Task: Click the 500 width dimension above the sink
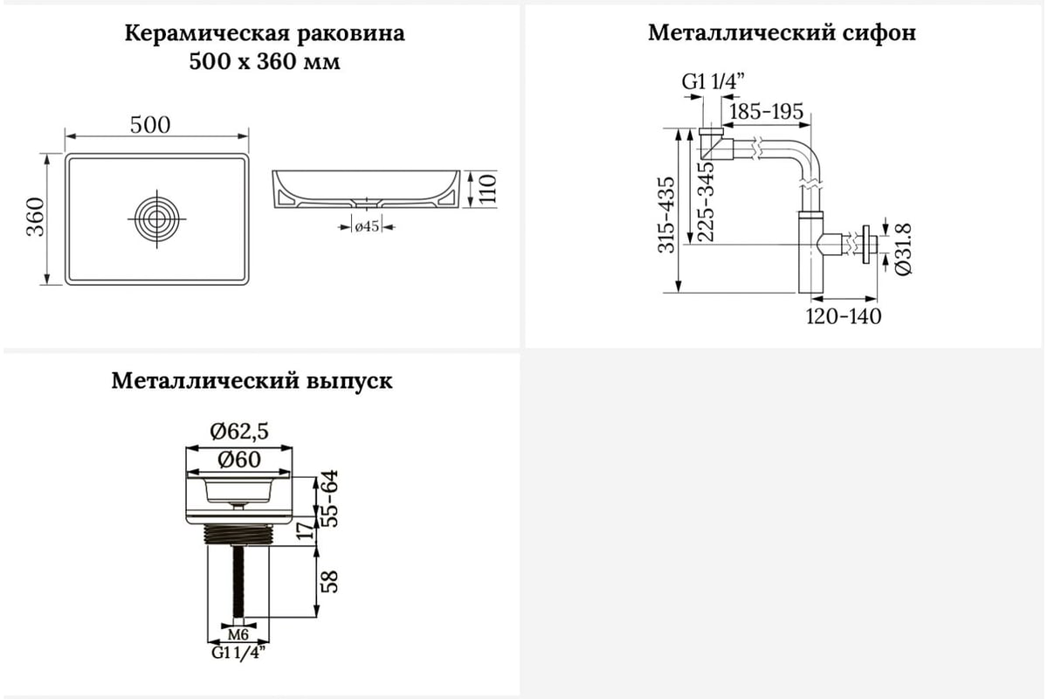point(150,125)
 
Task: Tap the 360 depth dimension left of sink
point(36,217)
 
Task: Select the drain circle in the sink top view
point(156,218)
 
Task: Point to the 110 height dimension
point(487,189)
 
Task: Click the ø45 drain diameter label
point(367,227)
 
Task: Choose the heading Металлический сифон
point(782,33)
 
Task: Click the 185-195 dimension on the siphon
point(767,112)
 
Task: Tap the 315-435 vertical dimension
point(666,214)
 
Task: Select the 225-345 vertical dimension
point(706,201)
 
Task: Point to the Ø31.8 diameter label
point(903,250)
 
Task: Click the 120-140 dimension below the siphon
point(843,316)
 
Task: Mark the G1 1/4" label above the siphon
point(713,82)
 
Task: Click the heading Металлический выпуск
point(252,381)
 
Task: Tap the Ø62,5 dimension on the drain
point(239,432)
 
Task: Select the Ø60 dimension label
point(239,460)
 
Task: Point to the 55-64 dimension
point(329,498)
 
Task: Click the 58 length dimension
point(329,582)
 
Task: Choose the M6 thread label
point(238,635)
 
